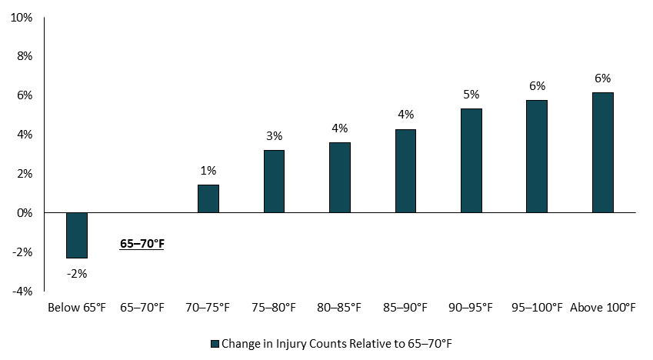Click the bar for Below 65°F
point(77,235)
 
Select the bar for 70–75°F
point(208,198)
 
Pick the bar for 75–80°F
point(274,181)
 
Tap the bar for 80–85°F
point(340,177)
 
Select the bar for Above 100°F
point(602,152)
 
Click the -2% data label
point(77,273)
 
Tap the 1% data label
point(208,170)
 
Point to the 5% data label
point(471,94)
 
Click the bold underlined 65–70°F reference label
point(142,244)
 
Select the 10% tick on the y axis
point(22,17)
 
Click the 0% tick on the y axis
point(24,212)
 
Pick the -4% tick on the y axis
point(22,291)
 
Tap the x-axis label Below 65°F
point(77,308)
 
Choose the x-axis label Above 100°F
point(602,308)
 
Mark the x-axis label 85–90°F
point(405,308)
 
